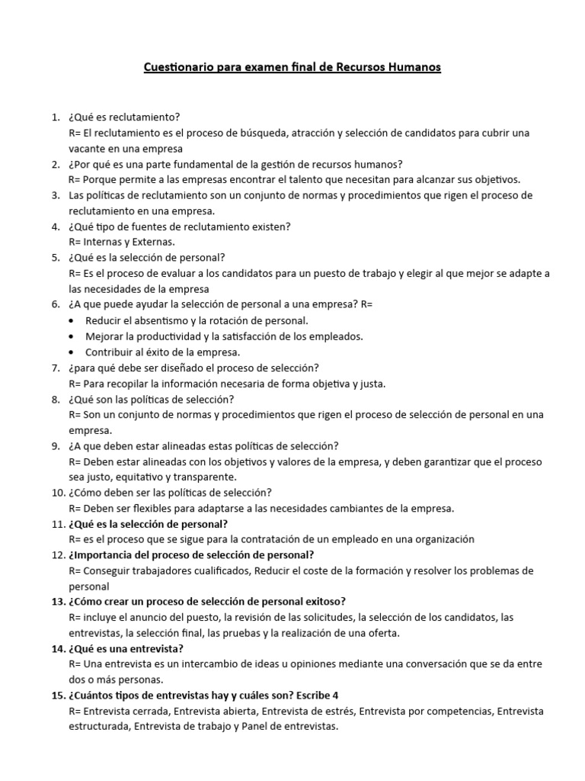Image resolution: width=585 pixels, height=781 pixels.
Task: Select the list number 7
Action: tap(55, 368)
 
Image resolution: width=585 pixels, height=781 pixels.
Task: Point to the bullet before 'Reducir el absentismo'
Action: tap(72, 320)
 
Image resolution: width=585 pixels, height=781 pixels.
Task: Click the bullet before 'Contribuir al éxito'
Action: tap(72, 352)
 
